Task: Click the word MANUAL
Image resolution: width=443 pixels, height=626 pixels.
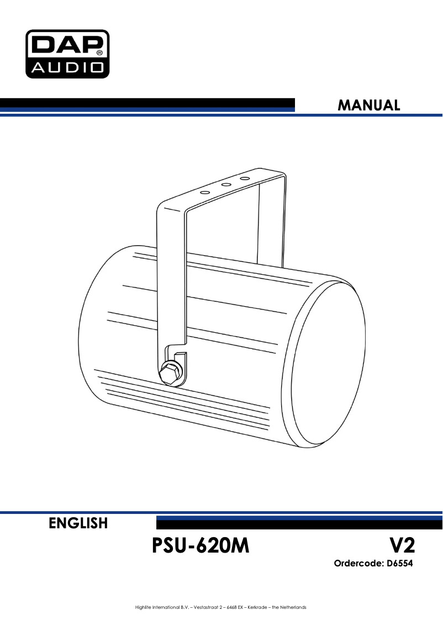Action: (x=369, y=105)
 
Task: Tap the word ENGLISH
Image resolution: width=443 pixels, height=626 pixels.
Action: (x=78, y=523)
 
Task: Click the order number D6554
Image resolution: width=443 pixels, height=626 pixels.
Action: (x=399, y=564)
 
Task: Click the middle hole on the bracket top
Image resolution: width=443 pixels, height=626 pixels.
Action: (x=225, y=186)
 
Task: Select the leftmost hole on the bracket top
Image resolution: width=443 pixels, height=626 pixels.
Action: (x=205, y=193)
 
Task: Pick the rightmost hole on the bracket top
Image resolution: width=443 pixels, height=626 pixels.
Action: (x=244, y=179)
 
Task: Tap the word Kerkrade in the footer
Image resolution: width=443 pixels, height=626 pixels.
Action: (x=249, y=607)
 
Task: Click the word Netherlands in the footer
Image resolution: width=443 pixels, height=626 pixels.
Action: (x=292, y=607)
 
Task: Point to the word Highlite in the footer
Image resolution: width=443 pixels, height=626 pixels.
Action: (x=145, y=607)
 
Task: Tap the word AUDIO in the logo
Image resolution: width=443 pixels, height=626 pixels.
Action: (x=67, y=68)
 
